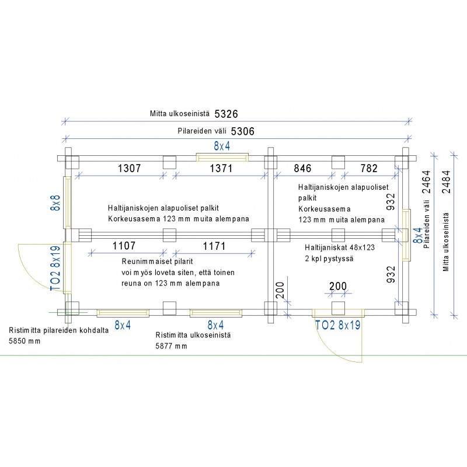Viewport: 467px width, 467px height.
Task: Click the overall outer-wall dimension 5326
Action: pos(226,114)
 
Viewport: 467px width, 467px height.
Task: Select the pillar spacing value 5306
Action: pos(243,131)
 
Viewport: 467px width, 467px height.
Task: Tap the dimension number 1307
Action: pos(129,168)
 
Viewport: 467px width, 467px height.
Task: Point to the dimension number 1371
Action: pos(221,168)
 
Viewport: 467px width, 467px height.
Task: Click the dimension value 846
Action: pos(302,168)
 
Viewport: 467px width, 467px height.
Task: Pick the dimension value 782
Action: pos(369,168)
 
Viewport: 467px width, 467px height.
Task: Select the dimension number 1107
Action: pos(124,246)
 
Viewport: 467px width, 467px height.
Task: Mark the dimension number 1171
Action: pos(214,246)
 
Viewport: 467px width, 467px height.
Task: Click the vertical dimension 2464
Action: pos(426,182)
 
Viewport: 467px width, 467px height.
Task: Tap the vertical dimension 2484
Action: pos(447,182)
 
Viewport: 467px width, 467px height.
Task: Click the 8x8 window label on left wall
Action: pos(55,203)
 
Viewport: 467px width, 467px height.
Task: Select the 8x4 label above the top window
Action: pos(222,147)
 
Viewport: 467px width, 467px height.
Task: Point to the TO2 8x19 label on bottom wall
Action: pos(338,325)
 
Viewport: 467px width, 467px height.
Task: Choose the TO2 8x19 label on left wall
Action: pos(55,269)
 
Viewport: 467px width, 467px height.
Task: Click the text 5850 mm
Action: pos(25,341)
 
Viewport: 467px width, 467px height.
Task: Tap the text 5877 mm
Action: pos(171,346)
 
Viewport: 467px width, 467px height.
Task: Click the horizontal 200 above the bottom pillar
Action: pos(338,286)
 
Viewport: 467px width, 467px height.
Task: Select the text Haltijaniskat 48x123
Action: pos(340,248)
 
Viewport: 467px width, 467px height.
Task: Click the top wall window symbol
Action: pos(222,157)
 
